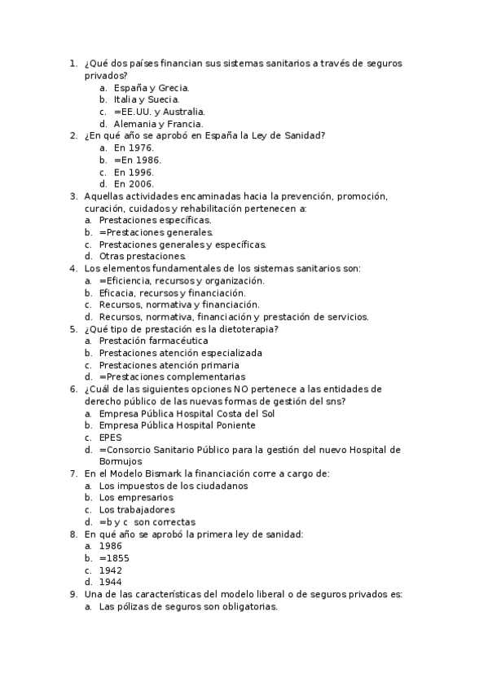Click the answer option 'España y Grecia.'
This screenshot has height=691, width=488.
click(152, 87)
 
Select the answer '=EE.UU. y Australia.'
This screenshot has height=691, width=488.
click(159, 112)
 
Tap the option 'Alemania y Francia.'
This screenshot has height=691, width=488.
click(158, 124)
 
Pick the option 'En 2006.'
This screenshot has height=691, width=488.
click(134, 184)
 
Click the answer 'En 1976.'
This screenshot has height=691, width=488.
click(134, 148)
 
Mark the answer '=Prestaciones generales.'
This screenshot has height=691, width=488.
click(156, 232)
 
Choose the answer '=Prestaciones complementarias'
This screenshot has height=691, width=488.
click(172, 377)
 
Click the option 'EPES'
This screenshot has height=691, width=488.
click(110, 438)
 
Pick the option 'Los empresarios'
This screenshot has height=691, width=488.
click(136, 497)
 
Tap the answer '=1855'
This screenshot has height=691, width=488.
click(114, 558)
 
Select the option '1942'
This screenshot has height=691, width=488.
click(110, 570)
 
